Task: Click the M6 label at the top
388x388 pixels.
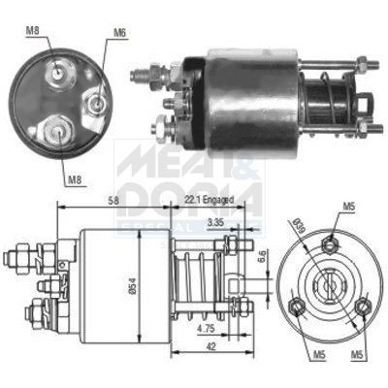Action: (119, 33)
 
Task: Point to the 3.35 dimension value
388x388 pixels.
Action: (216, 223)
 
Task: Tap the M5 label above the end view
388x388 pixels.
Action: (348, 207)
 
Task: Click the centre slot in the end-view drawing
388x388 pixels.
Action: (326, 287)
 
